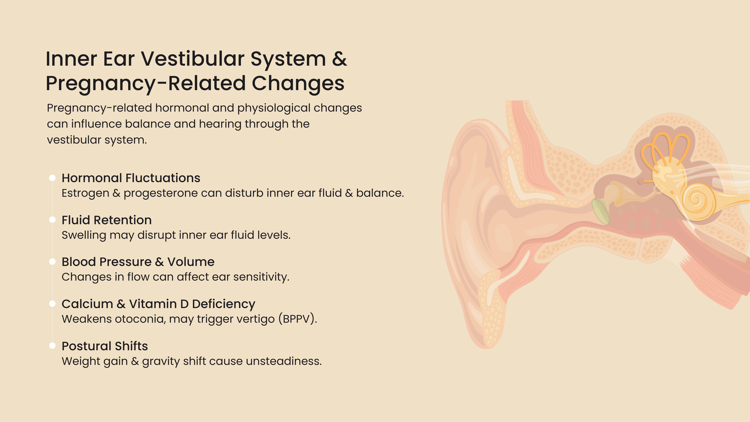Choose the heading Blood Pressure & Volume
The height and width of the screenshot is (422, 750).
(x=138, y=262)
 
